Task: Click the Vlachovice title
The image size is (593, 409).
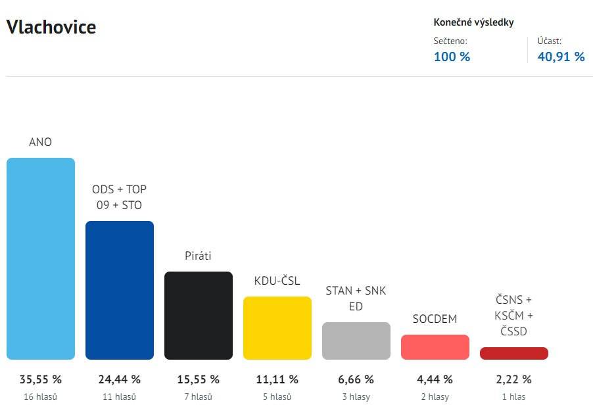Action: tap(51, 28)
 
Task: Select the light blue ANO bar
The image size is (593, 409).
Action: tap(41, 258)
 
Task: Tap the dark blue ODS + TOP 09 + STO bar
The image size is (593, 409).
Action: tap(120, 290)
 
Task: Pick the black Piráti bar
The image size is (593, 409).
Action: tap(199, 316)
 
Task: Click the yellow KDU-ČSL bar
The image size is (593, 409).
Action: tap(277, 328)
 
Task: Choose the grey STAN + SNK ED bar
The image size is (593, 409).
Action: tap(356, 341)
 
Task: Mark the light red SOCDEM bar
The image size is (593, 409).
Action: tap(435, 347)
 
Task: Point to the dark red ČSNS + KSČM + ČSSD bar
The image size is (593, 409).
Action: tap(514, 353)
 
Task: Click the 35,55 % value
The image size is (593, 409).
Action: tap(41, 379)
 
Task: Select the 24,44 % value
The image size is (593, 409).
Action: tap(120, 379)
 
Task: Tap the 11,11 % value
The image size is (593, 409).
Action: tap(277, 379)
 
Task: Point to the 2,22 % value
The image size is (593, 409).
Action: tap(514, 379)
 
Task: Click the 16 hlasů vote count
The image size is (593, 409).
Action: tap(41, 397)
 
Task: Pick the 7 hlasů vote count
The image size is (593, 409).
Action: tap(199, 397)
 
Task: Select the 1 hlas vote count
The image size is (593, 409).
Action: tap(514, 397)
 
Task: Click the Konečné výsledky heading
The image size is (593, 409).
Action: tap(474, 22)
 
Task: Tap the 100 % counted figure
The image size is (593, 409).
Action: tap(452, 57)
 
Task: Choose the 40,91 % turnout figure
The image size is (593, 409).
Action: tap(561, 57)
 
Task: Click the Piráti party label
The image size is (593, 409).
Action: tap(199, 256)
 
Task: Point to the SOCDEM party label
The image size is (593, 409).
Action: tap(435, 319)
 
